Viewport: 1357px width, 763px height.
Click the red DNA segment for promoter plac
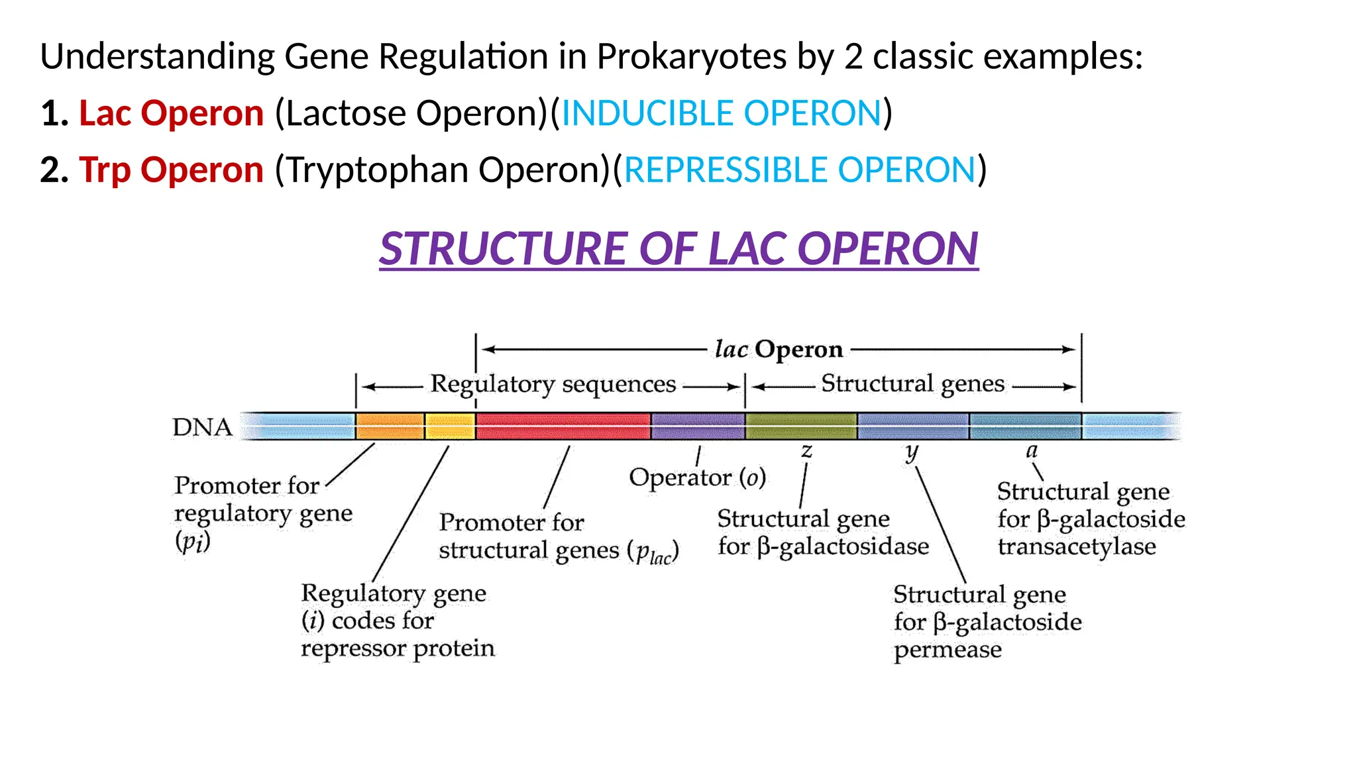pos(563,426)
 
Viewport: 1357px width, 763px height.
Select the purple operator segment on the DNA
pos(698,426)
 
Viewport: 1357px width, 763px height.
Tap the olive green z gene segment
pos(800,426)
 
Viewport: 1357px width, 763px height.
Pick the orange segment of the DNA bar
pos(389,426)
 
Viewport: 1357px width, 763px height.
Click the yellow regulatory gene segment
pos(449,426)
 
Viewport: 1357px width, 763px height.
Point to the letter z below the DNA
pos(806,452)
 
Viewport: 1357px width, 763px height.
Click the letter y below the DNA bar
pos(912,452)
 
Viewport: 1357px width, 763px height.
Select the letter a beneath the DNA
pos(1031,452)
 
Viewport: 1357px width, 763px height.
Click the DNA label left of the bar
pos(202,427)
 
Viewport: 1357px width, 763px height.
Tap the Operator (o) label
pos(697,478)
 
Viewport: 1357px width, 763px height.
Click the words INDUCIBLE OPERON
pos(721,113)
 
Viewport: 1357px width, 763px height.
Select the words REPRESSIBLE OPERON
pos(800,170)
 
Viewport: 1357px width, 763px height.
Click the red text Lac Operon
pos(171,113)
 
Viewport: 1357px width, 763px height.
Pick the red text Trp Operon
pos(171,170)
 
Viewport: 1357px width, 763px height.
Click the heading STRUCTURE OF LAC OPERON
pos(678,249)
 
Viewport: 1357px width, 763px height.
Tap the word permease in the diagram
pos(948,650)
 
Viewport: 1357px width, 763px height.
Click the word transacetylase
pos(1077,546)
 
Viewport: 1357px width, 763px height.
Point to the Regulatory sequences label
pos(553,384)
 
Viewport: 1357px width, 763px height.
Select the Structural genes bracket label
pos(912,383)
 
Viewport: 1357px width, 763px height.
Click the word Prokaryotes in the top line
pos(692,56)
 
